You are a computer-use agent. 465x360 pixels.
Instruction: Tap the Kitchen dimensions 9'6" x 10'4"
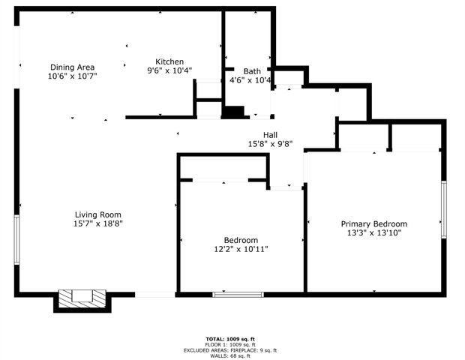pos(169,71)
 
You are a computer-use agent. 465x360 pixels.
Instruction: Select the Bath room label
pos(252,71)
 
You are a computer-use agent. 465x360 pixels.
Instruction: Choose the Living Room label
pos(97,214)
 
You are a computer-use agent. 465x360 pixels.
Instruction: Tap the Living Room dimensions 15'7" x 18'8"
pos(97,223)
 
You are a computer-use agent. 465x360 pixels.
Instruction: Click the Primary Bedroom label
pos(373,223)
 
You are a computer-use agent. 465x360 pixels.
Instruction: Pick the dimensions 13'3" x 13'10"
pos(373,232)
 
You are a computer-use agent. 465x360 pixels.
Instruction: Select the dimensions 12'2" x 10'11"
pos(241,248)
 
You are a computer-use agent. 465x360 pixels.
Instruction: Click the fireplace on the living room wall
pos(82,298)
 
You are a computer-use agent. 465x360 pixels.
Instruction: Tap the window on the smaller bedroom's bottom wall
pos(238,294)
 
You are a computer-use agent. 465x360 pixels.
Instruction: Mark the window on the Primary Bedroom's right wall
pos(443,210)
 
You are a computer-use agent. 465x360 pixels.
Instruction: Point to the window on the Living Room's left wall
pos(16,239)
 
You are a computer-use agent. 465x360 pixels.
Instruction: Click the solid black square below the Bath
pos(234,112)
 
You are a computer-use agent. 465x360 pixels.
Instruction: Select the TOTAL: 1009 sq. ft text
pos(231,338)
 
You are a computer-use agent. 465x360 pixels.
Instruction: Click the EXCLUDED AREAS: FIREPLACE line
pos(231,350)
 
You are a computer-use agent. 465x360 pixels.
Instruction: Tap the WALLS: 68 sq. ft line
pos(231,355)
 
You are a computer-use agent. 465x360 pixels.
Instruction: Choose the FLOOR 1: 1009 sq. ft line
pos(231,344)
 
